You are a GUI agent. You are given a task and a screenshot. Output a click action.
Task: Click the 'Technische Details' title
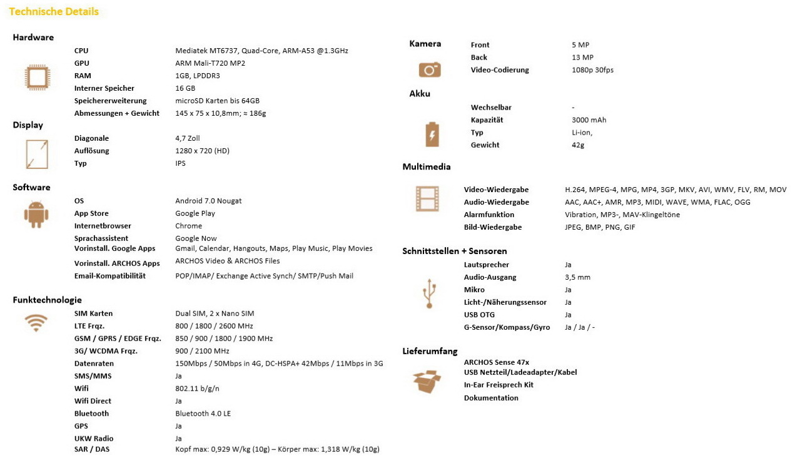(54, 11)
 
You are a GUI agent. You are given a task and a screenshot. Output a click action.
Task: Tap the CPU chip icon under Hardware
(36, 77)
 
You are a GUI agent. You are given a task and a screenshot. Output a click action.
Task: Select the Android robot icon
(36, 215)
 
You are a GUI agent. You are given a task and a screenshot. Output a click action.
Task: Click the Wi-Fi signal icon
(36, 322)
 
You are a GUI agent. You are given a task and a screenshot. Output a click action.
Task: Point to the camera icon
(430, 69)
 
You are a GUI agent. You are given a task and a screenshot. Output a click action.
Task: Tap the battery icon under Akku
(432, 134)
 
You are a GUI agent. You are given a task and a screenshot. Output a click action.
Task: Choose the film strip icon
(427, 199)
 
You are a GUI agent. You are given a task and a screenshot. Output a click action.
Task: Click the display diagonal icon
(37, 154)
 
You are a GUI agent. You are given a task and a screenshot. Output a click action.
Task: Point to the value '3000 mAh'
(589, 120)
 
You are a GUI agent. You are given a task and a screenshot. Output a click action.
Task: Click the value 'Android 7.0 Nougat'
(208, 201)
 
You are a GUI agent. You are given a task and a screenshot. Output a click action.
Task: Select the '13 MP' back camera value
(582, 58)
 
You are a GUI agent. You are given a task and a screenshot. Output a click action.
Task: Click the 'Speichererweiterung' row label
(110, 101)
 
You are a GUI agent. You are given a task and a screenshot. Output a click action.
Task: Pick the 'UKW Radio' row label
(94, 439)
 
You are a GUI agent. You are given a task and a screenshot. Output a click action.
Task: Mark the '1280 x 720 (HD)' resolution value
(202, 151)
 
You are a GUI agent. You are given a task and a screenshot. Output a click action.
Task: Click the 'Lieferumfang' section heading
(430, 351)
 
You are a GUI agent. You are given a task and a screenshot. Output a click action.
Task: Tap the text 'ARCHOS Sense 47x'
(497, 362)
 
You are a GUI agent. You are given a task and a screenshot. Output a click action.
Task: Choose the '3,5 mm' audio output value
(577, 277)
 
